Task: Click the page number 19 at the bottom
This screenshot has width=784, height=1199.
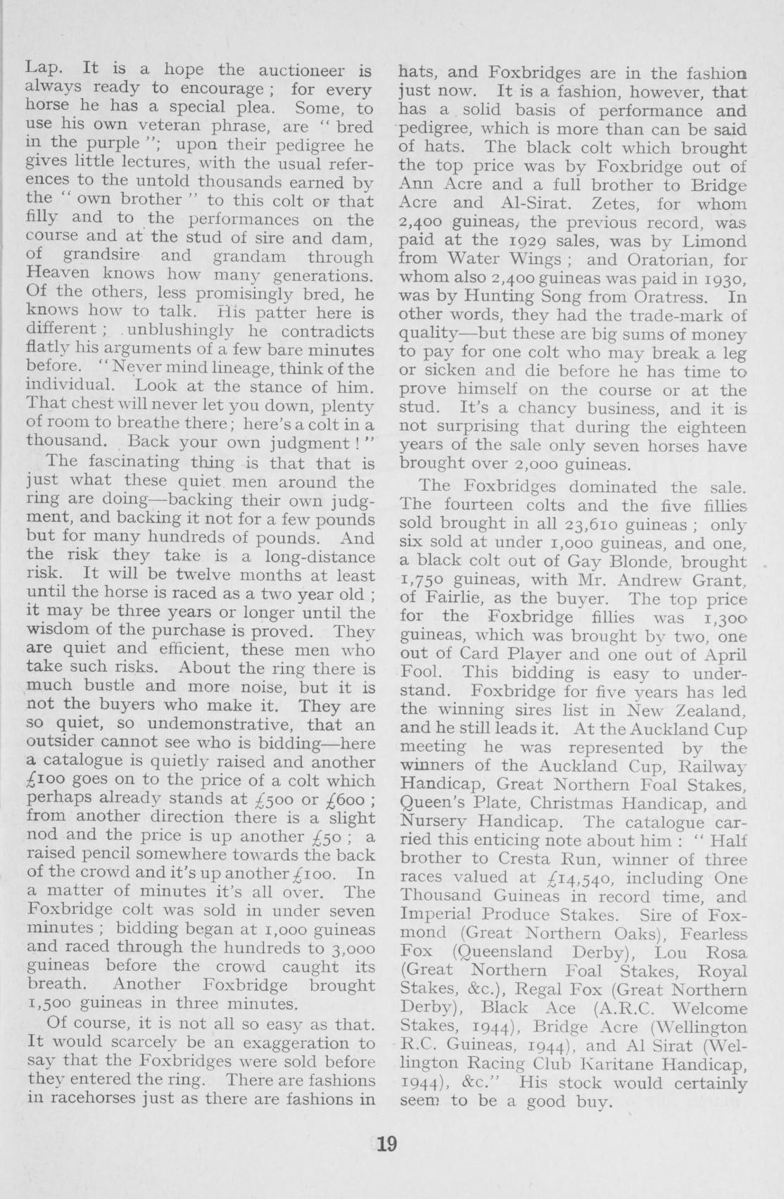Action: tap(387, 1143)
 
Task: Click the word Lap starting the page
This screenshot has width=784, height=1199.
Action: tap(44, 71)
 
